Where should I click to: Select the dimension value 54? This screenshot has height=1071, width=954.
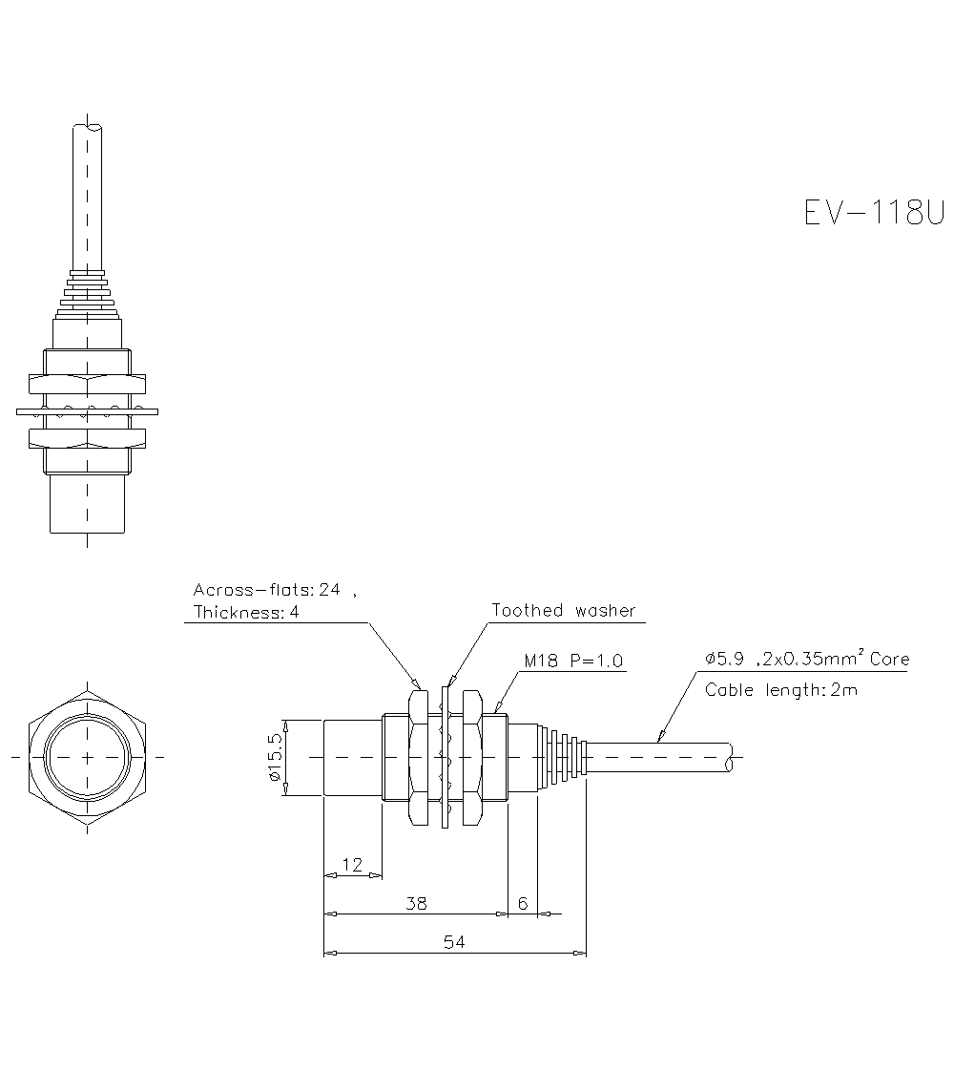click(454, 941)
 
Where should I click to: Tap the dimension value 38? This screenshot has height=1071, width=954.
click(416, 902)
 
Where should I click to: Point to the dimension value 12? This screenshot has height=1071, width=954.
click(352, 864)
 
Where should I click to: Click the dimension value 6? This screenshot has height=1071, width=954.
click(523, 902)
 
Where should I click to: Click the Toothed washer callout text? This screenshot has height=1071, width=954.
click(563, 610)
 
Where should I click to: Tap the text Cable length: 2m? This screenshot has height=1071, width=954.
click(780, 690)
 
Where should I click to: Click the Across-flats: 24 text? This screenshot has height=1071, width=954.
click(267, 590)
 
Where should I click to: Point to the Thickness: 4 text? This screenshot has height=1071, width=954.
click(246, 613)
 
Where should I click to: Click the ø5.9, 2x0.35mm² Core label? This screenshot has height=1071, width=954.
click(806, 659)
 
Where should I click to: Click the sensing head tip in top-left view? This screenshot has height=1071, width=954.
click(88, 506)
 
